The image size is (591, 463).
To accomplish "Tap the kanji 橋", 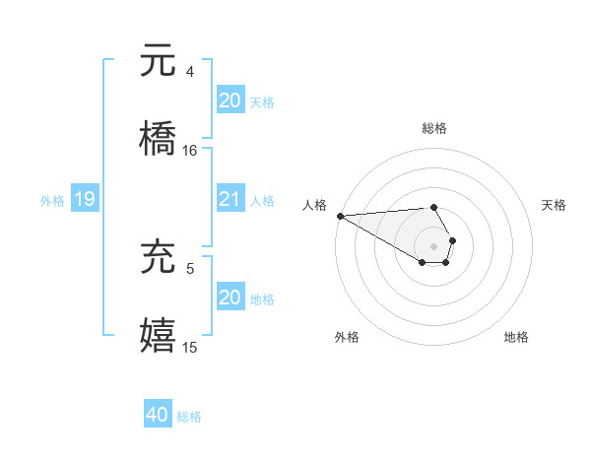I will [x=158, y=139].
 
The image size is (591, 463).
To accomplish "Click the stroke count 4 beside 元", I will [x=190, y=71].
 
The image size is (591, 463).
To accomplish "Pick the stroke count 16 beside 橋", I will [x=190, y=151].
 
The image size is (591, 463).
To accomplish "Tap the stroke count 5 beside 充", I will [x=190, y=267].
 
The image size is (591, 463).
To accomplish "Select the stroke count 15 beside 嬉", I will [x=190, y=348].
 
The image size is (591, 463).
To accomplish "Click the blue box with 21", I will [x=230, y=199].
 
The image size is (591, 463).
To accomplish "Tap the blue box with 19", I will [x=85, y=200].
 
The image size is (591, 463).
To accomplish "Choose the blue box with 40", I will [x=158, y=416].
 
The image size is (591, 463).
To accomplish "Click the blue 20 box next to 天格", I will [x=230, y=99].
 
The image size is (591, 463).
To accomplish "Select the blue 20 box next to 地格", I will [x=230, y=298].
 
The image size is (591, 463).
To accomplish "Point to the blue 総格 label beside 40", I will [x=189, y=417].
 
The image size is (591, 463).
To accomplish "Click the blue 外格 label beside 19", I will [x=52, y=201].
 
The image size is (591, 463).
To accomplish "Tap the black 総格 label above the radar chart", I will [x=434, y=128].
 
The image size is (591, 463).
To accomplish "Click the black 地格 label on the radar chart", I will [x=516, y=337].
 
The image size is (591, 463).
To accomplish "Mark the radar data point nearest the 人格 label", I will [x=340, y=215].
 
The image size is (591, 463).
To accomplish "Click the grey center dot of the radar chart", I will [x=433, y=245].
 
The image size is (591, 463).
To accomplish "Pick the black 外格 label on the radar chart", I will [x=347, y=337].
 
